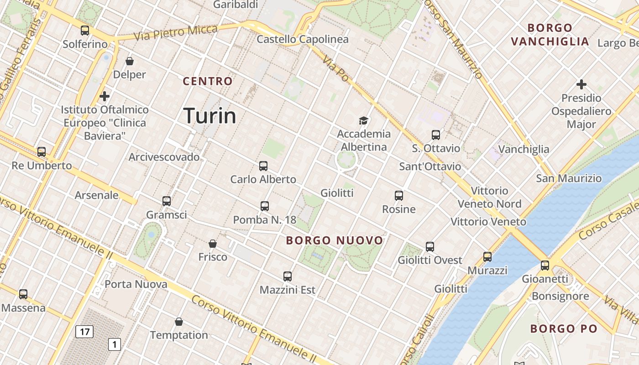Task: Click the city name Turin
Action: [x=210, y=116]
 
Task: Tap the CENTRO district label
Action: [x=208, y=82]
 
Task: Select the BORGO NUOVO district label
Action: [x=335, y=240]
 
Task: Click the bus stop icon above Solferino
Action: [x=85, y=31]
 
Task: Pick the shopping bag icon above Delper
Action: [x=130, y=61]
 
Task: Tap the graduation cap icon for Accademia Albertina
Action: [x=363, y=120]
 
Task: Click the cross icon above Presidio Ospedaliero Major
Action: [x=581, y=84]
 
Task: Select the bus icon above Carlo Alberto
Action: [x=263, y=166]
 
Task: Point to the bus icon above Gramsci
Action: [x=167, y=201]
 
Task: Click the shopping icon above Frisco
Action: [x=213, y=244]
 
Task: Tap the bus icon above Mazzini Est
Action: [x=287, y=276]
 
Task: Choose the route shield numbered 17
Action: [x=84, y=332]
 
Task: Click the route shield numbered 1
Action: [x=114, y=344]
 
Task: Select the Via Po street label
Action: [x=335, y=69]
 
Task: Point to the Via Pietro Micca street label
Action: [x=176, y=33]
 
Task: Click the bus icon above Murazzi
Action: [x=487, y=257]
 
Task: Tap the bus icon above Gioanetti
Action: [x=545, y=265]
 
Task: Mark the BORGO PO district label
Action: [x=564, y=328]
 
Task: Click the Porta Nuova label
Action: [x=136, y=284]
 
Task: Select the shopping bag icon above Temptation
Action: [x=179, y=322]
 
